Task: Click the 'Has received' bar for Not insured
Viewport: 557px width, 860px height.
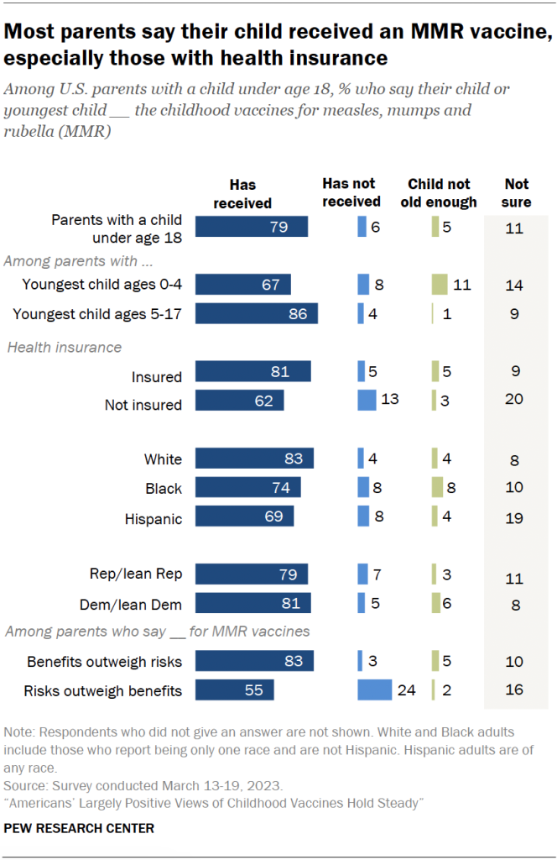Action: point(239,401)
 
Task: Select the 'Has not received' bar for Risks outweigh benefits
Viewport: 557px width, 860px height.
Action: point(374,690)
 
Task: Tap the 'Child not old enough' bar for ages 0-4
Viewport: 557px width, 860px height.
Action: point(440,285)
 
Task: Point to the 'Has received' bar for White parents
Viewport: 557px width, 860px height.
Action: point(254,459)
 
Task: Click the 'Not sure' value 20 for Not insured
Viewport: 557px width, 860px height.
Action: point(514,400)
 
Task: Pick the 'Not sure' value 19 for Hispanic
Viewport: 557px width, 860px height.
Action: point(514,517)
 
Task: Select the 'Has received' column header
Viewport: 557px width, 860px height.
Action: point(242,193)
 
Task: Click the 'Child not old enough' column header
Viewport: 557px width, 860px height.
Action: point(442,192)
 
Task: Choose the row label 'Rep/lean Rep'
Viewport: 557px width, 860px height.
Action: point(136,574)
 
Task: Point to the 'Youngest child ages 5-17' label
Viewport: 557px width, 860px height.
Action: point(97,314)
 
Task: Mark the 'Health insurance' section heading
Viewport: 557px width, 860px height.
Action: point(65,347)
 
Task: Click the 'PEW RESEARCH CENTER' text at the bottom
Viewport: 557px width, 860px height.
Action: point(79,828)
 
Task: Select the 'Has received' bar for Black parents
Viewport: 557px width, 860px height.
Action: point(247,488)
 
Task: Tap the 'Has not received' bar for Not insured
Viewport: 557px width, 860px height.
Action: point(367,401)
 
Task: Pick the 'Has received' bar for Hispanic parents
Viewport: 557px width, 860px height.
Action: point(244,517)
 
